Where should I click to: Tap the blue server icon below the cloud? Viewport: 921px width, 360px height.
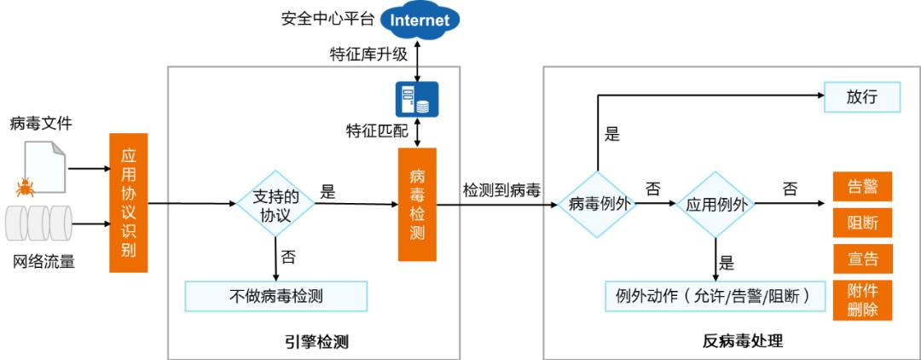click(416, 99)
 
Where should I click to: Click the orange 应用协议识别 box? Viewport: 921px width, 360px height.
click(129, 202)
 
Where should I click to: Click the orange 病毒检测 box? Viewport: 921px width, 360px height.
click(417, 204)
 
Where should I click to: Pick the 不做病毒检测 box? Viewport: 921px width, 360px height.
click(275, 296)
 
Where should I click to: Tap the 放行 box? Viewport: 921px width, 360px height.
click(861, 96)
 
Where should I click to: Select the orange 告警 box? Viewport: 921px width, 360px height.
click(862, 186)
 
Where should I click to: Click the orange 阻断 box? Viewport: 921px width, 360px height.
click(862, 223)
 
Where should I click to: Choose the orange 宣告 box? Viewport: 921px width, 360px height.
click(862, 258)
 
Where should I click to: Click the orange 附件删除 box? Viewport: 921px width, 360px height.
click(862, 299)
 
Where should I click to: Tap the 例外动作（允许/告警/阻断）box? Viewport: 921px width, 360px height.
click(711, 296)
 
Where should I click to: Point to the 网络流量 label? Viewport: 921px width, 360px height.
click(42, 262)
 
